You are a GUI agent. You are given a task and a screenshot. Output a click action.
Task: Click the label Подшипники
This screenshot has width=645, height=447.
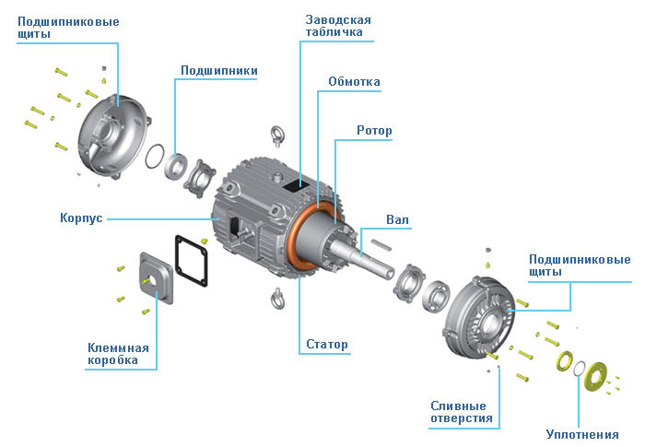click(218, 70)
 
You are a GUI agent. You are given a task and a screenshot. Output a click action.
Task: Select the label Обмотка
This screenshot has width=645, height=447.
click(354, 82)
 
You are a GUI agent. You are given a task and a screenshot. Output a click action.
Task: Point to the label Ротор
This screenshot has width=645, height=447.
click(374, 131)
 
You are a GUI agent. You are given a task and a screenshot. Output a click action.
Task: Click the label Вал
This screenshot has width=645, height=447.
click(397, 220)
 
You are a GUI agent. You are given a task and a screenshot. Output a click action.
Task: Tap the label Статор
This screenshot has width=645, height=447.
click(327, 346)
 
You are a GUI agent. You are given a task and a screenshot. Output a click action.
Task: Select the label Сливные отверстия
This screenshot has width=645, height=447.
click(462, 412)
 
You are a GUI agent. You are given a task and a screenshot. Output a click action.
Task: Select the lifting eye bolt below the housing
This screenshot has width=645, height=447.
click(274, 300)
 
